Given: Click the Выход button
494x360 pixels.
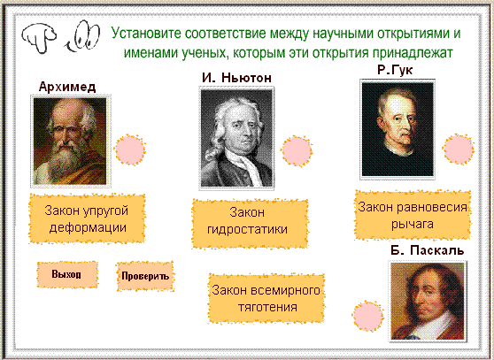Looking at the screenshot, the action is (67, 274).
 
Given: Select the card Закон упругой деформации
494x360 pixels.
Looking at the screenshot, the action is (87, 218).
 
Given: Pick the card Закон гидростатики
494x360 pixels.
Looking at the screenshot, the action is (250, 224).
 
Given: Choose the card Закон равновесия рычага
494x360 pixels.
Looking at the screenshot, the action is (413, 215).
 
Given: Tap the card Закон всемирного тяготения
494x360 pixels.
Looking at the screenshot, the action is (266, 298).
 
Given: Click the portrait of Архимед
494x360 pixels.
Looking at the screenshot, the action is (70, 141).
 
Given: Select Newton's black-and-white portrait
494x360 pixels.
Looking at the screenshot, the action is (236, 139).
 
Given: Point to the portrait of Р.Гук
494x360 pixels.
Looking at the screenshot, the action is (398, 129).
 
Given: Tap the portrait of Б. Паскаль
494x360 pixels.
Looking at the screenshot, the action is (428, 302).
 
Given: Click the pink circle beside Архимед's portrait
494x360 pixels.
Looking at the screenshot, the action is (130, 150).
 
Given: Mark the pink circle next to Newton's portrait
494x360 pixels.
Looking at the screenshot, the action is (297, 151).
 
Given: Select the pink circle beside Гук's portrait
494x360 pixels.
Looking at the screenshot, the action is (459, 149).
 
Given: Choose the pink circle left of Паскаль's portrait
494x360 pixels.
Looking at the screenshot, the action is (367, 316).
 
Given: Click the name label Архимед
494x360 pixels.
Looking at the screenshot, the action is (67, 87).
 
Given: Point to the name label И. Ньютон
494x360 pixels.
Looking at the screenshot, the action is (236, 78).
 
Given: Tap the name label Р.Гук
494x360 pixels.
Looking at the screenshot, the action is (395, 70).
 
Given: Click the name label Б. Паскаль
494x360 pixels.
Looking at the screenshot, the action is (428, 250).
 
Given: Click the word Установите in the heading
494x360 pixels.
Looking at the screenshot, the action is (146, 34).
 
